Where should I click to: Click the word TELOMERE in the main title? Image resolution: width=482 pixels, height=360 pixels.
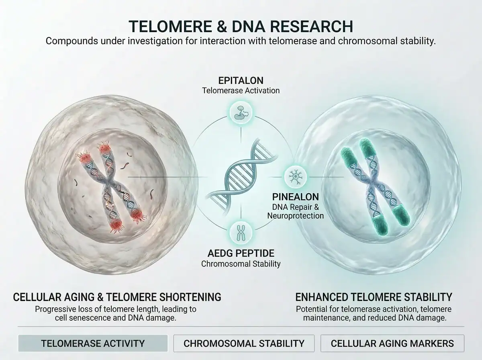pyautogui.click(x=170, y=27)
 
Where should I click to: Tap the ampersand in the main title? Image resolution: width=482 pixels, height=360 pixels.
pyautogui.click(x=222, y=27)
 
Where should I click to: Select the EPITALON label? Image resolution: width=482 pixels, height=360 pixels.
pyautogui.click(x=241, y=81)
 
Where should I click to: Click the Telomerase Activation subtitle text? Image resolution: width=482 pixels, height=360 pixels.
pyautogui.click(x=241, y=90)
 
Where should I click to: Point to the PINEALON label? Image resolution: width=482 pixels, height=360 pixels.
pyautogui.click(x=296, y=197)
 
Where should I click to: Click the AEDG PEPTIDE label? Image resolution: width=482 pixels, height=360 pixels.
pyautogui.click(x=241, y=253)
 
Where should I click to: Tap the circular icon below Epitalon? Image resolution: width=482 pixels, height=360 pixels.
pyautogui.click(x=241, y=112)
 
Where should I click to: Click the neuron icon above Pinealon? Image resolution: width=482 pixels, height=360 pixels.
pyautogui.click(x=295, y=177)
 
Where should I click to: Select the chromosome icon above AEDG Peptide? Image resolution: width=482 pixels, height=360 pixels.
pyautogui.click(x=241, y=233)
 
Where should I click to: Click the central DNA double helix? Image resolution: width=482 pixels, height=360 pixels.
pyautogui.click(x=241, y=176)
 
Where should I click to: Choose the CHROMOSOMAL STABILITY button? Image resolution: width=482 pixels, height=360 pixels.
pyautogui.click(x=244, y=343)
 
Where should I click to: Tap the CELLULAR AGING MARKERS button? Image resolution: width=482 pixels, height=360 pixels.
pyautogui.click(x=392, y=343)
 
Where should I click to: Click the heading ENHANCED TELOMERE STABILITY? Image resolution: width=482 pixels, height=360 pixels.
pyautogui.click(x=374, y=297)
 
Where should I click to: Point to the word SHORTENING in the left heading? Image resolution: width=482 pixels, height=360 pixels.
pyautogui.click(x=190, y=297)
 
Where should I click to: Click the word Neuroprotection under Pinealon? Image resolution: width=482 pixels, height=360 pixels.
pyautogui.click(x=296, y=216)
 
